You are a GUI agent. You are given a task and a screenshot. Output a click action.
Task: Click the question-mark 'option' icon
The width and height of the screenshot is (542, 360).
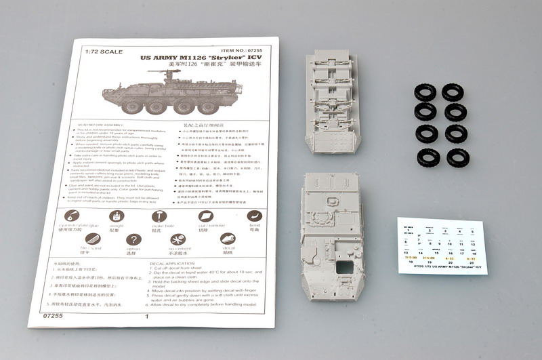[x=134, y=240]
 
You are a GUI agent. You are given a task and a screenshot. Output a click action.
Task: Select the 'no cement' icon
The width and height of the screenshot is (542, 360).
[x=178, y=240]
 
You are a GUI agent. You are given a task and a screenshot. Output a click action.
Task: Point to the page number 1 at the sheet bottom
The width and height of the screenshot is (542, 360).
[x=146, y=316]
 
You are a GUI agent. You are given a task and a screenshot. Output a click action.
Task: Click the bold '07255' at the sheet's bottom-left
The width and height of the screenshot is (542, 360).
[x=51, y=315]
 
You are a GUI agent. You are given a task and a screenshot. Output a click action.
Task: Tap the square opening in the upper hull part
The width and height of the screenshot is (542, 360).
[x=344, y=265]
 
